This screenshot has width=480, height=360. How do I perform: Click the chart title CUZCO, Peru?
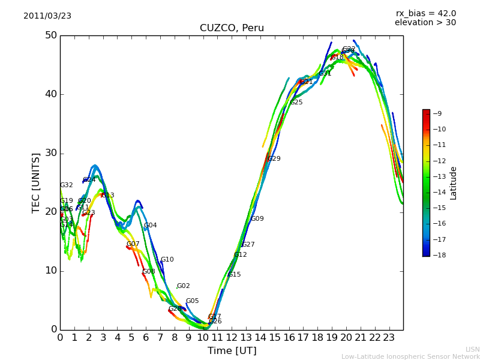tap(232, 28)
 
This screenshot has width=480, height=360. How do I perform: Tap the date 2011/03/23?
tap(47, 16)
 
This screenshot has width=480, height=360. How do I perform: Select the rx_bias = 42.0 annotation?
tap(425, 14)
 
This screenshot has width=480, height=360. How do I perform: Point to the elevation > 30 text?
tap(425, 23)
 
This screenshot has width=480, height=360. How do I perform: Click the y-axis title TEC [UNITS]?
tap(36, 182)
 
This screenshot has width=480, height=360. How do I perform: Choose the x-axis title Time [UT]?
tap(232, 351)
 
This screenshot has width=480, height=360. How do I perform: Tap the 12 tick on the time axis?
tap(232, 337)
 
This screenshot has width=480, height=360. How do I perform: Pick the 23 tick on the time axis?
tap(389, 337)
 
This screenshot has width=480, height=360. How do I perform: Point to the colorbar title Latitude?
tap(454, 183)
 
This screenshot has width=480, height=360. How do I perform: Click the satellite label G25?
tap(296, 103)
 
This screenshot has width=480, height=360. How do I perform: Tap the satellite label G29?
tap(274, 159)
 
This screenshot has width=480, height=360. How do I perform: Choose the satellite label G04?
tap(151, 226)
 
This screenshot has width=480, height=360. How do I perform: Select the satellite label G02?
tap(184, 286)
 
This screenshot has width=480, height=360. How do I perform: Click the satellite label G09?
tap(257, 219)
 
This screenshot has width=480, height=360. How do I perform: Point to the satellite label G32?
tap(67, 185)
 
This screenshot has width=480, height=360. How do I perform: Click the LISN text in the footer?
tap(472, 349)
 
